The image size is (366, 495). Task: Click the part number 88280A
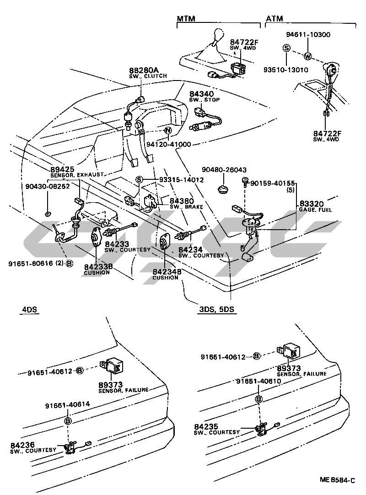click(143, 70)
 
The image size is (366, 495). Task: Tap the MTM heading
click(186, 19)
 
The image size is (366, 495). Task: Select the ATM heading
click(274, 19)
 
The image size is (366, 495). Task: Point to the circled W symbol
click(307, 57)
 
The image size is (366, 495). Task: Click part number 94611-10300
click(308, 35)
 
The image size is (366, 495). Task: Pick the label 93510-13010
click(285, 70)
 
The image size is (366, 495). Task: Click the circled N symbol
click(167, 131)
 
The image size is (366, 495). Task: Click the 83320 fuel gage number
click(312, 203)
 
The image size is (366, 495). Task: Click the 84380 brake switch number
click(182, 201)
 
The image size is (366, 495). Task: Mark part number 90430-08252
click(48, 187)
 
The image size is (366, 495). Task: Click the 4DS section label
click(29, 310)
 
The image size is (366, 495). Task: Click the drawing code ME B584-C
click(337, 481)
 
